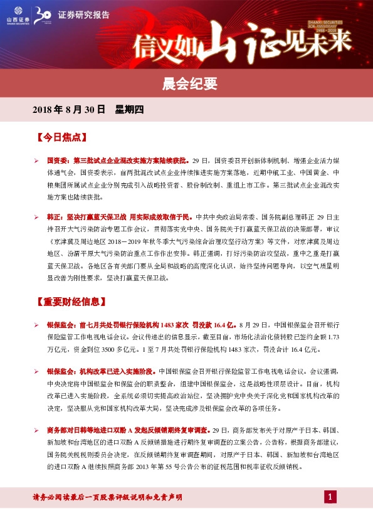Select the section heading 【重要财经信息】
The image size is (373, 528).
[x=69, y=301]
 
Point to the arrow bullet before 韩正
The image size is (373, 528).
[x=37, y=216]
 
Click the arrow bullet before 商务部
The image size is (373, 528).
[x=37, y=430]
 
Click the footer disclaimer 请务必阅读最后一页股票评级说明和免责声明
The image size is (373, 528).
[x=107, y=497]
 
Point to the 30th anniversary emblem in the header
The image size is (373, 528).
[x=45, y=14]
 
